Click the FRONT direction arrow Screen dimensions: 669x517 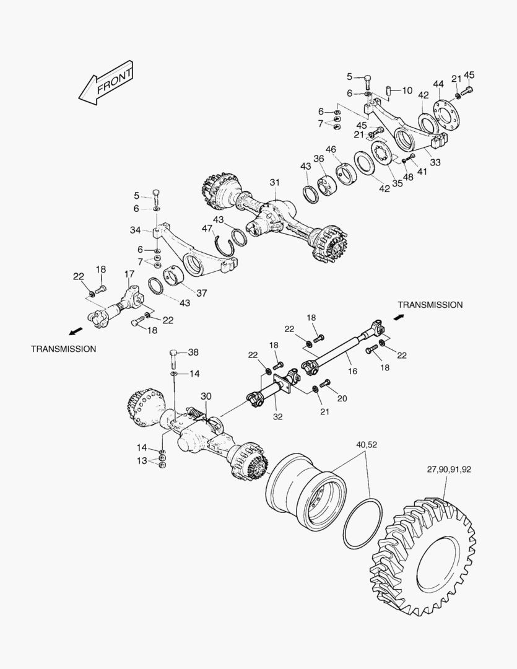(105, 81)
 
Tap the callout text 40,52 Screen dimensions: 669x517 (366, 444)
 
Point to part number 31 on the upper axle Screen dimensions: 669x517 (274, 182)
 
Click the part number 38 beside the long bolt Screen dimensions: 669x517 (193, 352)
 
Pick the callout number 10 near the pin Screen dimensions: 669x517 (407, 90)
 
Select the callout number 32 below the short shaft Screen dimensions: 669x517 (278, 416)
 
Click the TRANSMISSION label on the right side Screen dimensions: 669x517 (430, 305)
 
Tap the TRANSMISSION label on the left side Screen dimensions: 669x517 (64, 349)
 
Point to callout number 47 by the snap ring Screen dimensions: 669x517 (207, 229)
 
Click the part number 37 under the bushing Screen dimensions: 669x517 (201, 293)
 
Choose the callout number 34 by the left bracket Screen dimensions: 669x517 (135, 230)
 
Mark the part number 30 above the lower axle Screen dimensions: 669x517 (206, 396)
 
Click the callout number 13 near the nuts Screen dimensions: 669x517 (142, 460)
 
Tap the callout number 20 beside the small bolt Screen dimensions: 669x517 (341, 398)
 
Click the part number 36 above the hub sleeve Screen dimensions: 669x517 (319, 159)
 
